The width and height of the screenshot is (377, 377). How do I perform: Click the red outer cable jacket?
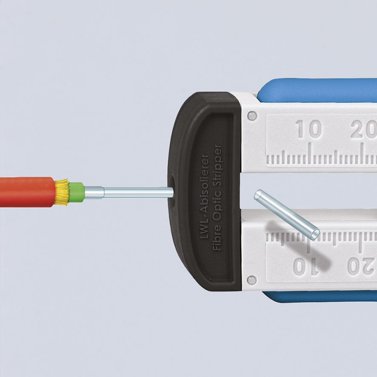[27, 192]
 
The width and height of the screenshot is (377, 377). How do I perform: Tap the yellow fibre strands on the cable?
[62, 192]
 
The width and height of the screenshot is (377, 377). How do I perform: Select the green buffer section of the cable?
[77, 192]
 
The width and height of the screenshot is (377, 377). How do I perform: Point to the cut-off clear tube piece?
[287, 214]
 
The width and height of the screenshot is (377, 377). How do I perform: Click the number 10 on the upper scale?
[309, 129]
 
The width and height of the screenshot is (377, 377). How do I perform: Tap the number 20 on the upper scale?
[363, 129]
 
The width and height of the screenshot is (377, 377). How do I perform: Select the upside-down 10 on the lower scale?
[306, 267]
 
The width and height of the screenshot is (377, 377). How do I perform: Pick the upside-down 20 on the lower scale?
[362, 267]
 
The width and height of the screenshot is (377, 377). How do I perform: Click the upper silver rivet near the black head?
[252, 116]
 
